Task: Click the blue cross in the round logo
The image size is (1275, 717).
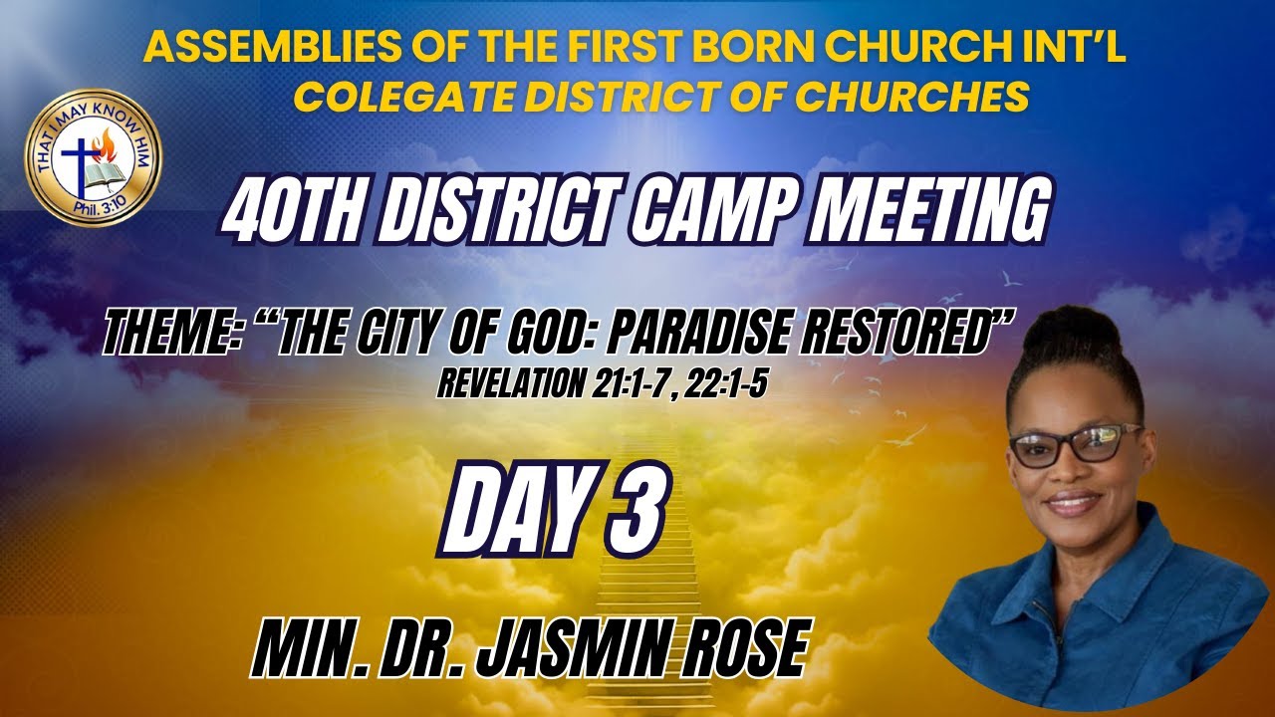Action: [x=77, y=160]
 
